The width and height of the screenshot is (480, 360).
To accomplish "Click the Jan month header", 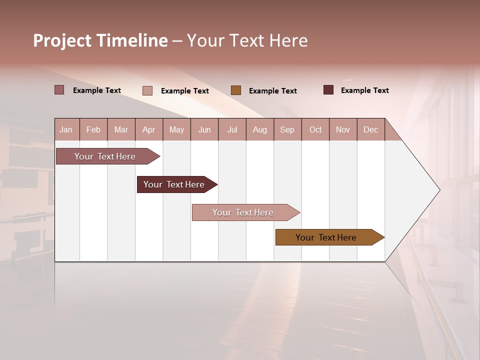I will coord(66,129).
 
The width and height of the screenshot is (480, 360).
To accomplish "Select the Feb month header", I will coord(93,129).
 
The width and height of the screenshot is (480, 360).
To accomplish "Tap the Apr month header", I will coord(148,129).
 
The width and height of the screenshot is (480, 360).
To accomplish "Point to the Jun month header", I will coord(204,129).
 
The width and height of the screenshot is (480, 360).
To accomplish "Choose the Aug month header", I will coord(259,129).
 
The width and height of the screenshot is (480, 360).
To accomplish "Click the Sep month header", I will coord(287,129).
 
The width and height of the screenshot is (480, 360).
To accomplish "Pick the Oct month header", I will coord(315,129).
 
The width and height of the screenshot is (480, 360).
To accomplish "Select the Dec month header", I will coord(370,129).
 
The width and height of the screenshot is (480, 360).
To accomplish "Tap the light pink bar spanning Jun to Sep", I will coord(244,212).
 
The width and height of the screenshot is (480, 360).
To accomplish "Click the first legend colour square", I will coord(59,90).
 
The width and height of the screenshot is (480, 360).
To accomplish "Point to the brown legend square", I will coord(236,90).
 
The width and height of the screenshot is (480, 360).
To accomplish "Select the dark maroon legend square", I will coord(328,90).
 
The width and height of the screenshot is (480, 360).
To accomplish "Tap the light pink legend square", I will coord(147,90).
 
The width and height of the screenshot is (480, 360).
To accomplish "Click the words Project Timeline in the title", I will coord(100,40).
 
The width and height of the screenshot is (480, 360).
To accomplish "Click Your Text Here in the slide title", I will coord(247,40).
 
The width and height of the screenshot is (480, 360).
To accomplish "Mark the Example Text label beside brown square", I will coord(272,90).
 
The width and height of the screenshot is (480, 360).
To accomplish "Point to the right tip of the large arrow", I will coord(439,190).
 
